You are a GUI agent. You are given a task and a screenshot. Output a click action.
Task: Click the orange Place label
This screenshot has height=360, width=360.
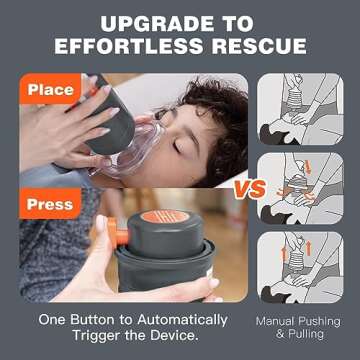click(50, 89)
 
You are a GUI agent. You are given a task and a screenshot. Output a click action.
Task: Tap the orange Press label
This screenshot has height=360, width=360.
click(50, 204)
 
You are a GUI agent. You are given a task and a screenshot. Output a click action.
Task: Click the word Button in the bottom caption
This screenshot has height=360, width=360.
click(99, 320)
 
